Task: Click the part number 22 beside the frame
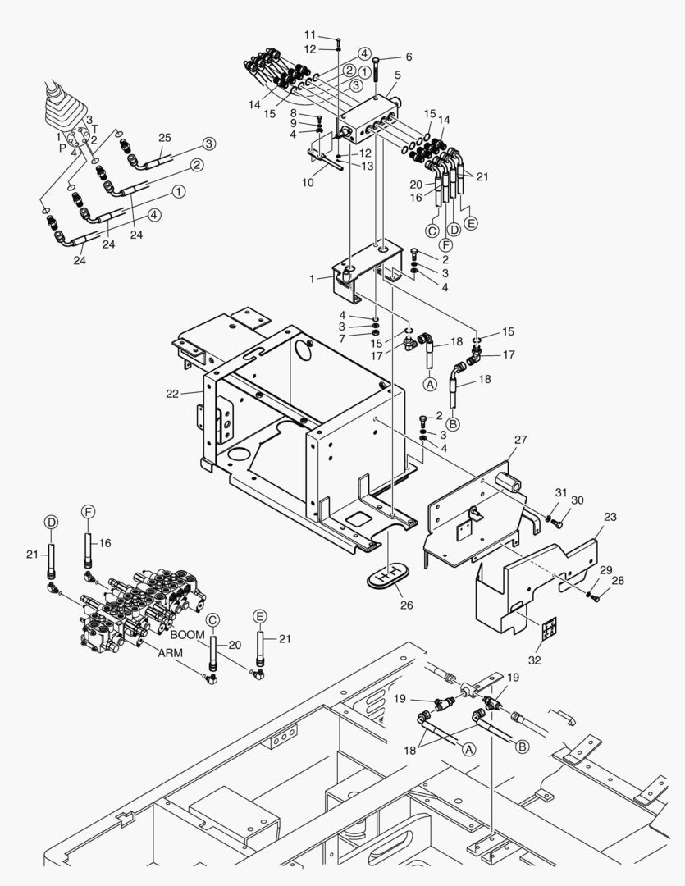(x=172, y=394)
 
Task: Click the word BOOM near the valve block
(x=188, y=634)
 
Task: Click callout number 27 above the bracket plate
(x=521, y=441)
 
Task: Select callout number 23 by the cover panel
(x=609, y=518)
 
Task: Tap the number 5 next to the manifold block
(x=397, y=75)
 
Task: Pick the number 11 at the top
(x=310, y=34)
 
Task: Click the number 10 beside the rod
(x=308, y=182)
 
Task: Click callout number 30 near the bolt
(x=578, y=500)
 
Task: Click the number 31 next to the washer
(x=560, y=491)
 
